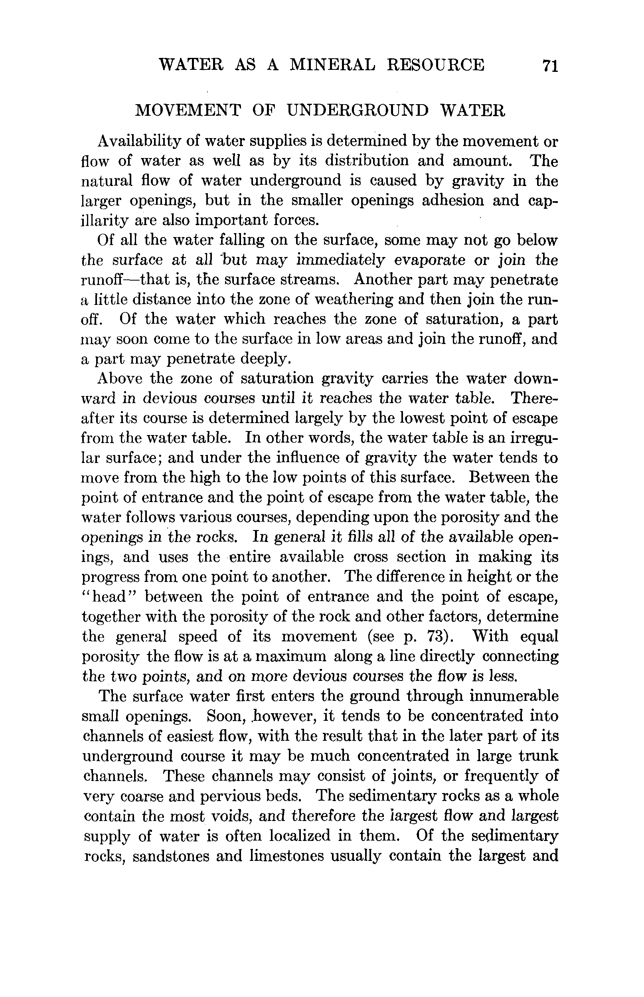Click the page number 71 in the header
coord(549,66)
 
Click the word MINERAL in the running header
coord(332,65)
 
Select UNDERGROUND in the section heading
coord(358,111)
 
